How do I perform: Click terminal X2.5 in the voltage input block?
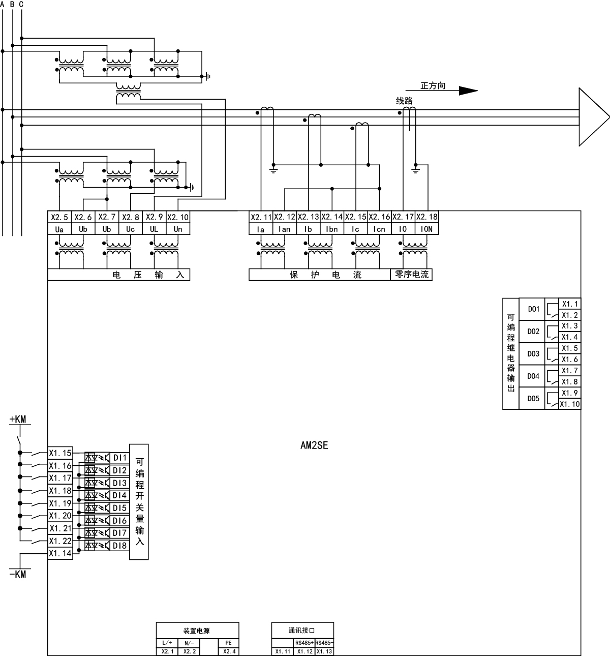[x=59, y=217]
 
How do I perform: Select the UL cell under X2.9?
[x=154, y=229]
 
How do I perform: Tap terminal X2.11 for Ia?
[x=261, y=217]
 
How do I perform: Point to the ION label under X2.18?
[x=426, y=229]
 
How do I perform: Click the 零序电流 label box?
[x=411, y=275]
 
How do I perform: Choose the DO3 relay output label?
[x=533, y=354]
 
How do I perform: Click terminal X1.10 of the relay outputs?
[x=570, y=404]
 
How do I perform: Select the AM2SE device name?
[x=314, y=445]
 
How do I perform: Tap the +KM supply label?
[x=18, y=420]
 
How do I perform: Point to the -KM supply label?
[x=18, y=574]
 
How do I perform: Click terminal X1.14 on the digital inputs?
[x=60, y=554]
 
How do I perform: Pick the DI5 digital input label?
[x=120, y=508]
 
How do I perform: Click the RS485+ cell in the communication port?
[x=304, y=643]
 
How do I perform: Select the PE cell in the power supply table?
[x=228, y=643]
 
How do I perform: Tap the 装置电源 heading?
[x=197, y=631]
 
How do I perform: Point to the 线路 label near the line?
[x=405, y=101]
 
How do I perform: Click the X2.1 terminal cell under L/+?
[x=167, y=651]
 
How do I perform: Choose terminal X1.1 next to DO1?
[x=569, y=304]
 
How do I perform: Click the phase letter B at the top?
[x=12, y=4]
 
